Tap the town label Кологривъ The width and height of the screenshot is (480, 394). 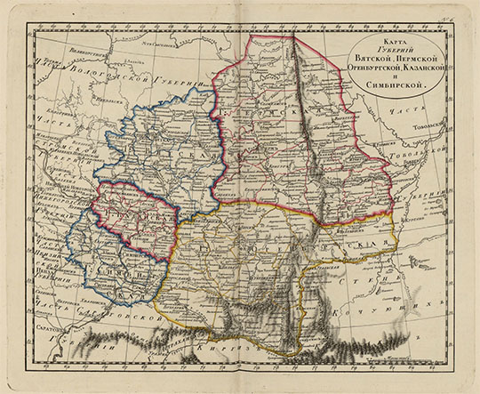(49, 142)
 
